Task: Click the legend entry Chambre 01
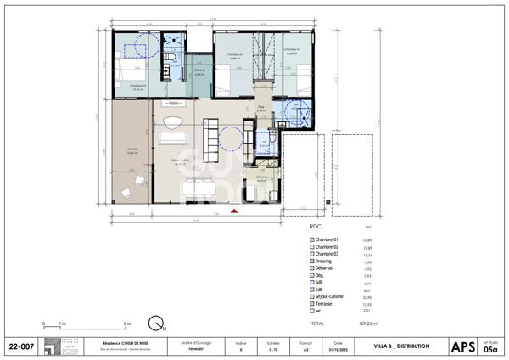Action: (x=327, y=240)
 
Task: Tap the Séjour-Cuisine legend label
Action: (x=331, y=297)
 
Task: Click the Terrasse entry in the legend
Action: (x=326, y=304)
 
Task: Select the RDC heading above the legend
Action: (x=317, y=228)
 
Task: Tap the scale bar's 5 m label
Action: (x=126, y=323)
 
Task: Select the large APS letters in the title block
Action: (x=463, y=346)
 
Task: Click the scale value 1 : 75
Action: (x=272, y=349)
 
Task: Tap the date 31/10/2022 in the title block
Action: (x=338, y=349)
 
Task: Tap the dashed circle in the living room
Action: (x=231, y=138)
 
